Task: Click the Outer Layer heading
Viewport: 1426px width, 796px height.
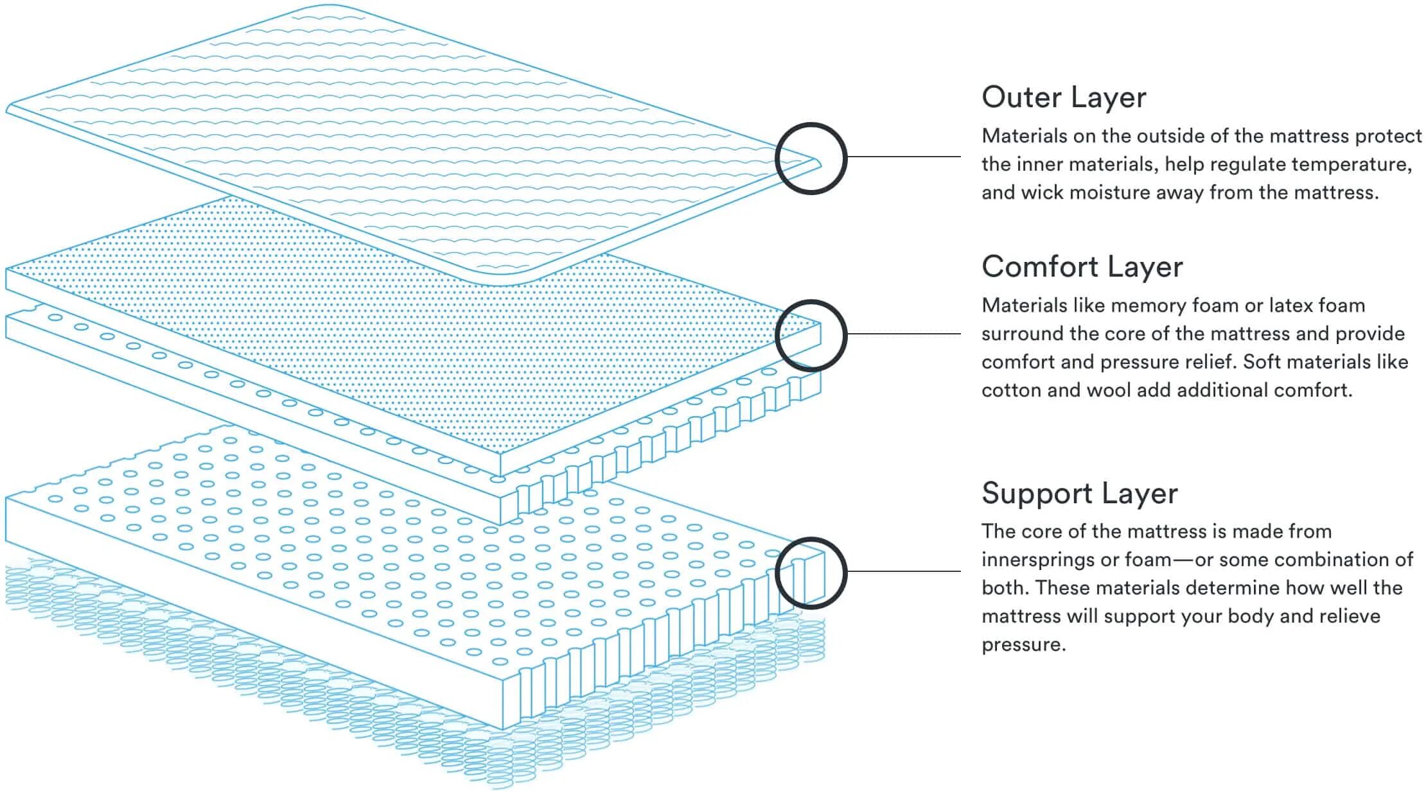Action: [1064, 98]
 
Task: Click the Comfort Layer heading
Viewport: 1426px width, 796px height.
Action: [1082, 267]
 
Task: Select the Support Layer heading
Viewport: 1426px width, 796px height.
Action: [1079, 494]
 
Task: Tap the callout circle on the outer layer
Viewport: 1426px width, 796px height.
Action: [811, 158]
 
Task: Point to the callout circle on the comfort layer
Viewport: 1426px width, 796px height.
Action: [811, 335]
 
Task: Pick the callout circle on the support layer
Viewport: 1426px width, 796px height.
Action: [811, 573]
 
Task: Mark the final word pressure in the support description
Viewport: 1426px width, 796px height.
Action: [1023, 645]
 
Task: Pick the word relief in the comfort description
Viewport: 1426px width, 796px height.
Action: [1210, 362]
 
